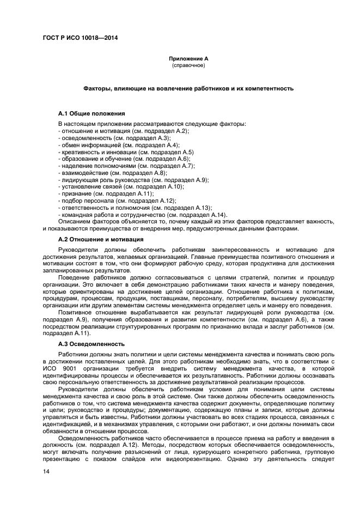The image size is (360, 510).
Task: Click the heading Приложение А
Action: (188, 58)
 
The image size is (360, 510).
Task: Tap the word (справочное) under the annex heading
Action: (188, 65)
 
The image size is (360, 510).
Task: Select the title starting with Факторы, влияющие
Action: (188, 88)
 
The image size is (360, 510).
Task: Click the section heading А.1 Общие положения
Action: (91, 113)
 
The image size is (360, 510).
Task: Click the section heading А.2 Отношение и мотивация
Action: (101, 239)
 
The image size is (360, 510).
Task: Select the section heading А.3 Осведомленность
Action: (91, 344)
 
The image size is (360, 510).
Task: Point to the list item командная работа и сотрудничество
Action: (142, 214)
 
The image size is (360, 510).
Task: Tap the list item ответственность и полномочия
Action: (135, 208)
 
